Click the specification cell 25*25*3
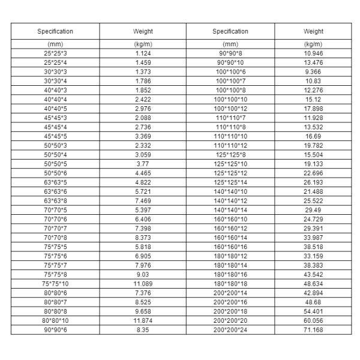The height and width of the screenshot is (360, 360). pos(55,53)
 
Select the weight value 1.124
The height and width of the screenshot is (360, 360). pos(143,53)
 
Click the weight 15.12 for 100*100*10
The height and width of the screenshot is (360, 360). pos(313,99)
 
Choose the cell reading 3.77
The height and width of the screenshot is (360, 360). pos(143,163)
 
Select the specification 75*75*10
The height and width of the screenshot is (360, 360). pos(55,283)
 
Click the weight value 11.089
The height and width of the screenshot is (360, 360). pos(143,283)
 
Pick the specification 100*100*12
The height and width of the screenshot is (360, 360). pos(230,109)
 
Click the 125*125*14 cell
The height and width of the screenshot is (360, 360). pos(230,182)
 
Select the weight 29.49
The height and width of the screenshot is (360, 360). pos(313,209)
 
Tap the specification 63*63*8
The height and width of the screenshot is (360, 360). pos(55,200)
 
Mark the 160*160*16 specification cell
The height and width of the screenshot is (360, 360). pos(230,246)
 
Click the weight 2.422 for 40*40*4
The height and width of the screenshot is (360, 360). pos(143,99)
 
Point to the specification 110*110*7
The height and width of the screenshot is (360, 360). pos(230,118)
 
